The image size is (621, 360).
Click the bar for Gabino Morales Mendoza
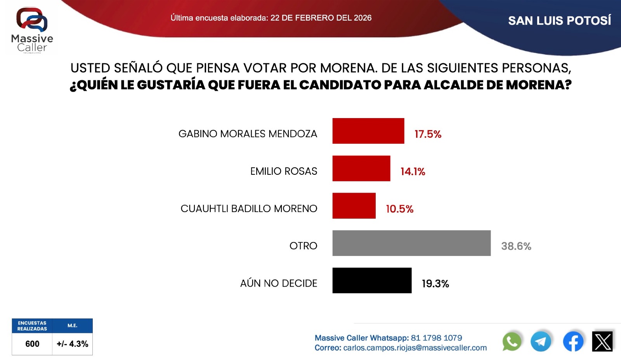point(368,131)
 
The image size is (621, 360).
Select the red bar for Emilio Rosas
point(361,169)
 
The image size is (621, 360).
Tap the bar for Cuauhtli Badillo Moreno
point(354,206)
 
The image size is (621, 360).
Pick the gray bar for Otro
point(411,243)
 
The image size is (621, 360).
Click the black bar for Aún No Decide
point(372,280)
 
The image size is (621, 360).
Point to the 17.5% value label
point(428,134)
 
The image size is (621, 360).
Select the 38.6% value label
point(516,246)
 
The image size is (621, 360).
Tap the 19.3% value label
point(435,284)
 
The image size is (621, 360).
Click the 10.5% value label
point(399,209)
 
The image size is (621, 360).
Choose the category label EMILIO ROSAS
point(283,171)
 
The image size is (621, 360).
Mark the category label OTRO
point(303,246)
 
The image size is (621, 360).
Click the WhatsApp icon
point(512,342)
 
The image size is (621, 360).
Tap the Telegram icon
point(541,342)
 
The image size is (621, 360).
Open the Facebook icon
point(573,342)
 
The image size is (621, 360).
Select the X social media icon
point(602,342)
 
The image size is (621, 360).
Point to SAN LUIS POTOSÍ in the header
point(559,21)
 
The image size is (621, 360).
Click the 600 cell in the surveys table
point(32,344)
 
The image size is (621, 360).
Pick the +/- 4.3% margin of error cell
point(72,344)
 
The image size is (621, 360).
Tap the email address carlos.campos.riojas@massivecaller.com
point(415,348)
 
